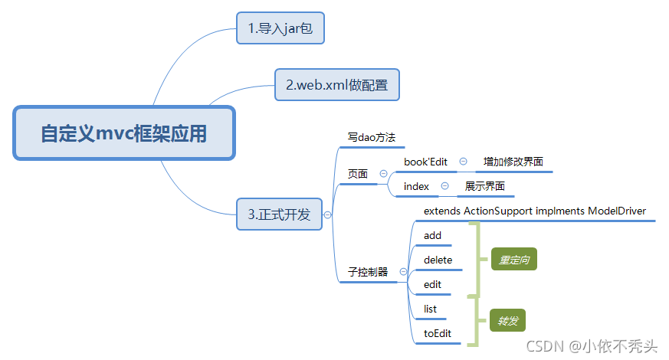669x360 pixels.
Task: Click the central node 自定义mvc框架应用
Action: coord(123,133)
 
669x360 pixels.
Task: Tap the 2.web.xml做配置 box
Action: coord(337,84)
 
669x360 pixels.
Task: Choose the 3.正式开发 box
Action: coord(279,214)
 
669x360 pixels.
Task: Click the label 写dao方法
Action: coord(371,138)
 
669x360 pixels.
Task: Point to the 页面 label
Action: coord(358,174)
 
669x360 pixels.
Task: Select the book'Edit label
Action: coord(425,162)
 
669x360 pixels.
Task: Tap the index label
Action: coord(416,186)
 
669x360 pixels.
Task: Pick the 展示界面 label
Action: coord(485,186)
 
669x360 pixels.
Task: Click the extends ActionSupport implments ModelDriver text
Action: coord(534,211)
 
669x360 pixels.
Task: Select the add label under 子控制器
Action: coord(432,235)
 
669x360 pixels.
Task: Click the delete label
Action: coord(438,260)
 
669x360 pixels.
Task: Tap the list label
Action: coord(430,309)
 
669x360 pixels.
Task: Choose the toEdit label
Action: coord(438,333)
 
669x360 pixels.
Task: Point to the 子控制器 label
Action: coord(368,272)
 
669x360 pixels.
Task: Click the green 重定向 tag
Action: coord(513,260)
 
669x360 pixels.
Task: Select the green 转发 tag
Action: coord(508,321)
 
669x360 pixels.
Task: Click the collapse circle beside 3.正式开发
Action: coord(328,215)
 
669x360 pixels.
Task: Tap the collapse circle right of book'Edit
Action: coord(463,162)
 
